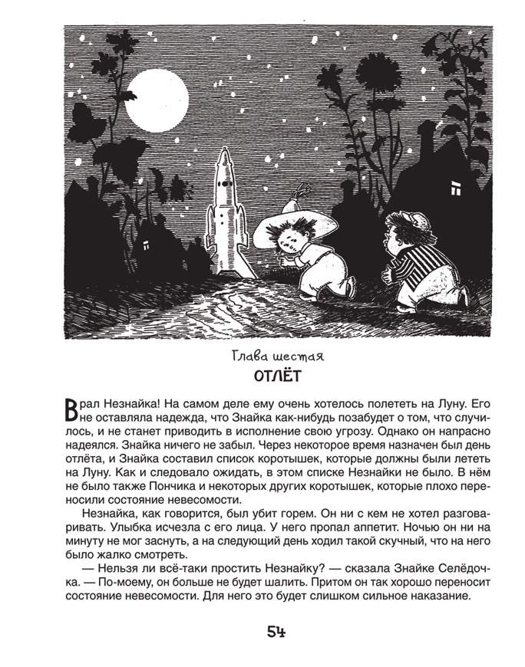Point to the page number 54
pos(276,632)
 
